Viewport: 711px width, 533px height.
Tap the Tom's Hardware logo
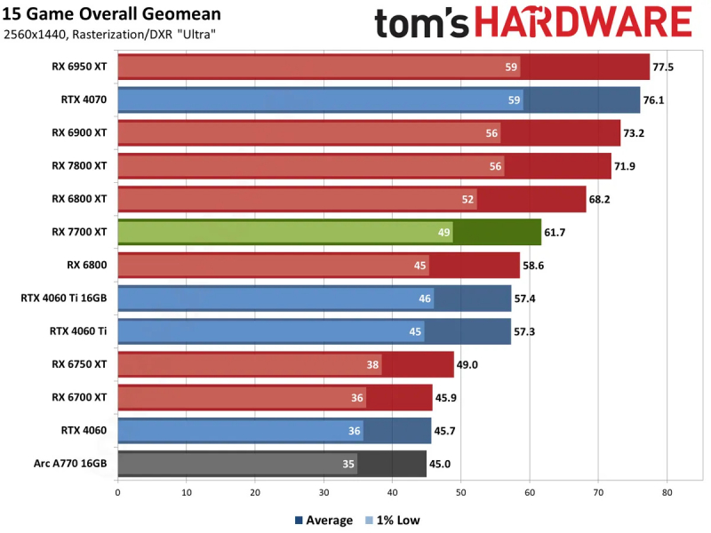click(x=532, y=22)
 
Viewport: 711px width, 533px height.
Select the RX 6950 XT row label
click(x=79, y=67)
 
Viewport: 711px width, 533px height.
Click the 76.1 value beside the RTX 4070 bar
click(x=654, y=100)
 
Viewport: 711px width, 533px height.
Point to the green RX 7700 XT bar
click(x=329, y=233)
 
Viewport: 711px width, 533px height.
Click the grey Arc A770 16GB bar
click(x=271, y=464)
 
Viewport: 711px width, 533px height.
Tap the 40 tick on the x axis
click(x=392, y=489)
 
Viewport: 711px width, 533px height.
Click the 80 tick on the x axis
click(x=667, y=489)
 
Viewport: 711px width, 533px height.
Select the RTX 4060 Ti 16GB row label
click(x=64, y=298)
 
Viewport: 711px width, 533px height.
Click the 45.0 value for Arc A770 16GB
click(x=442, y=464)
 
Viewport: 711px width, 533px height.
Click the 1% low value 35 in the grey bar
click(x=348, y=464)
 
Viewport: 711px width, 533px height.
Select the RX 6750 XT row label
click(x=79, y=364)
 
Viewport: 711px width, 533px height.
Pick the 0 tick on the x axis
click(x=117, y=489)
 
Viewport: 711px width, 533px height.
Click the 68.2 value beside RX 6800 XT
click(x=600, y=199)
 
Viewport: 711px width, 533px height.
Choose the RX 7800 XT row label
click(x=79, y=166)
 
